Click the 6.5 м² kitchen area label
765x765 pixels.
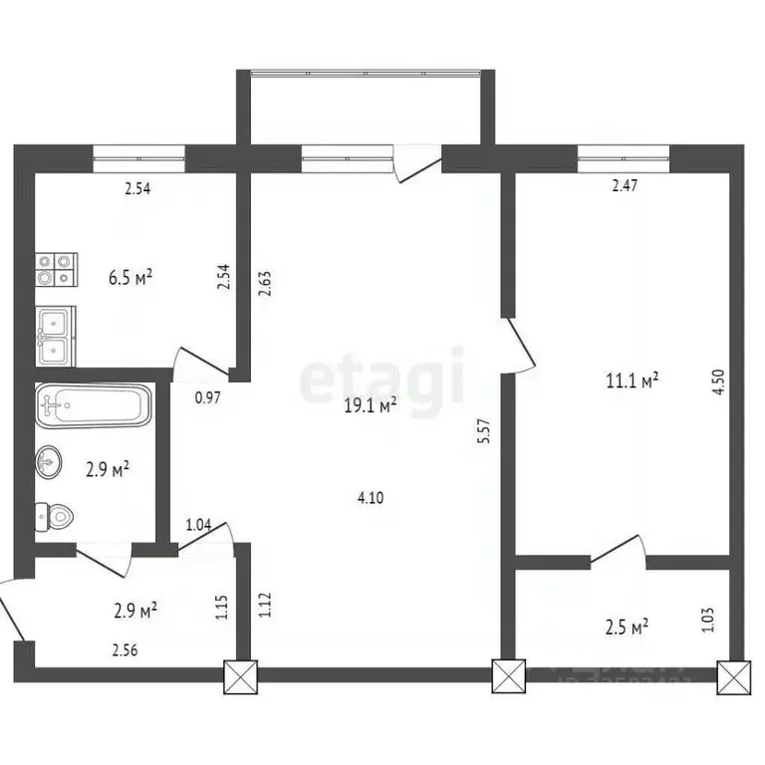pyautogui.click(x=130, y=277)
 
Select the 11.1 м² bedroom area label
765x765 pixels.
pyautogui.click(x=633, y=380)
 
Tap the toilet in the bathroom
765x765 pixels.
pyautogui.click(x=56, y=516)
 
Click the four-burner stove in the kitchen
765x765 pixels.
pyautogui.click(x=56, y=270)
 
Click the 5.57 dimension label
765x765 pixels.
pyautogui.click(x=485, y=436)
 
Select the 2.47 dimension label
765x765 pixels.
pyautogui.click(x=625, y=185)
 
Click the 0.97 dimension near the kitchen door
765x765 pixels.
pyautogui.click(x=207, y=397)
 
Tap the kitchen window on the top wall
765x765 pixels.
pyautogui.click(x=139, y=153)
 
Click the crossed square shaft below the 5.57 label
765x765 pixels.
pyautogui.click(x=508, y=677)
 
